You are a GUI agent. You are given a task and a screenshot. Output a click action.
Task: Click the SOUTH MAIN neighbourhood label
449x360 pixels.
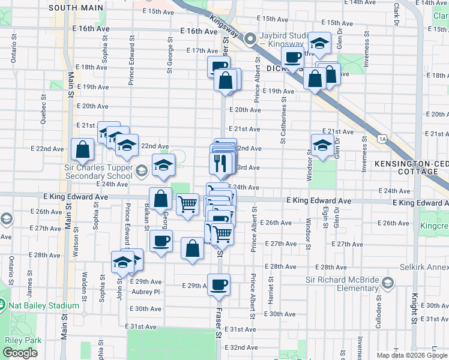[x=75, y=8]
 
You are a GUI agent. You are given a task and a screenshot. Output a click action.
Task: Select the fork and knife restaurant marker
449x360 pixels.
[x=220, y=163]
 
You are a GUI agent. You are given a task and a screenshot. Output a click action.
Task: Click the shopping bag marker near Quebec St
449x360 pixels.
[x=82, y=149]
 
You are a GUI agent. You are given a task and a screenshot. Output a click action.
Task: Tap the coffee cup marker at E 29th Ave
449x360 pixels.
[x=218, y=284]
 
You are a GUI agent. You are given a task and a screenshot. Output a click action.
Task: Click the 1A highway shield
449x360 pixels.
[x=382, y=139]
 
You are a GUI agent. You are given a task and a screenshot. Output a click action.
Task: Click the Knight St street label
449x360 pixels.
[x=414, y=305]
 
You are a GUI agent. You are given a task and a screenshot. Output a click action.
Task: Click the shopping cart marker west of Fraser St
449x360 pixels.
[x=187, y=204]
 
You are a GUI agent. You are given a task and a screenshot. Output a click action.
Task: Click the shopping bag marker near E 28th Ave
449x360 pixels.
[x=192, y=248]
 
